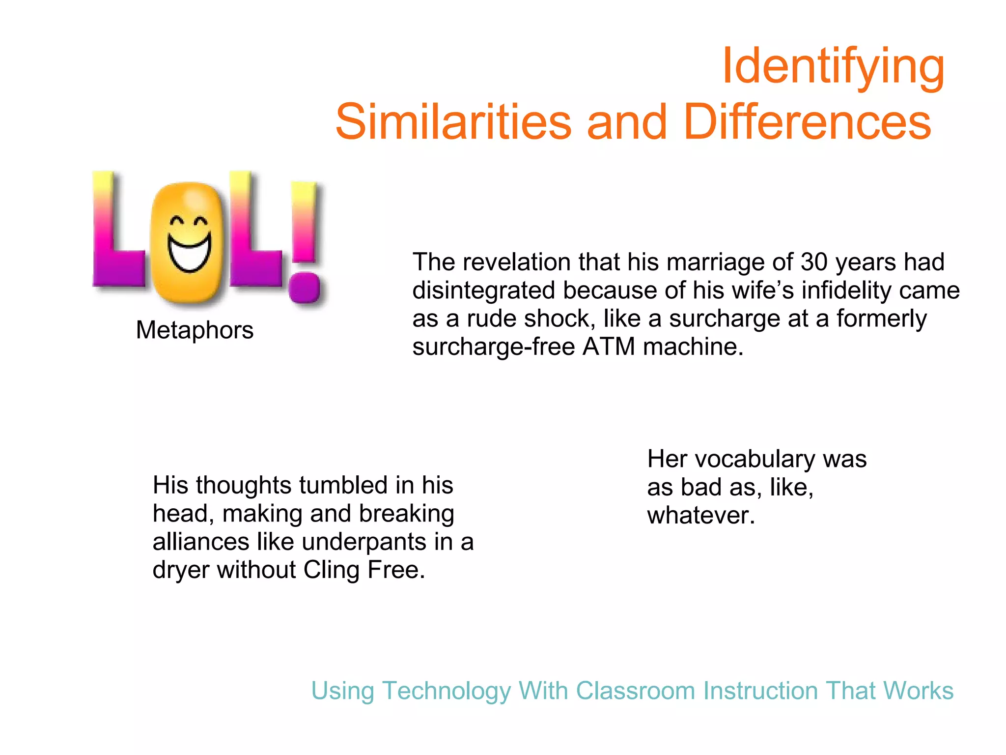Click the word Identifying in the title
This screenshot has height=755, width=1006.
[833, 67]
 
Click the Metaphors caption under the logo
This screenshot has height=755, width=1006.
[195, 330]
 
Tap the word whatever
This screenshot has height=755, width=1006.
[700, 516]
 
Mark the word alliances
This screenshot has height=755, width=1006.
[201, 542]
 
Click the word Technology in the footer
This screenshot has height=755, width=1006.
[447, 691]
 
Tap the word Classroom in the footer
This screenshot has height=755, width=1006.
[636, 691]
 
